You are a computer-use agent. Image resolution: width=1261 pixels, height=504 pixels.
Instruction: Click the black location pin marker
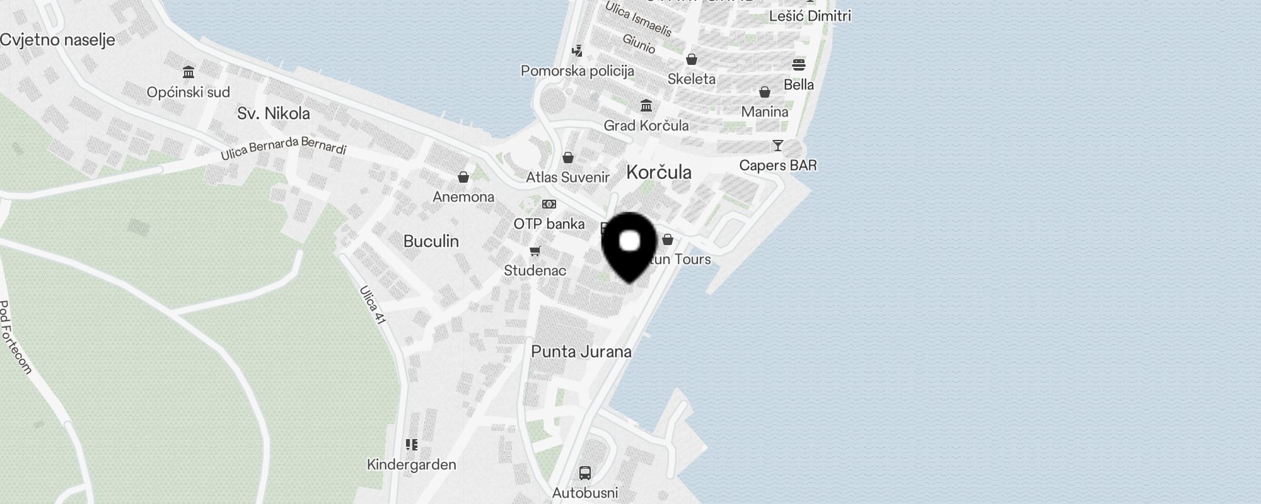(x=630, y=246)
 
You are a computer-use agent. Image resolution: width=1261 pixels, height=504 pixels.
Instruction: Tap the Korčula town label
(x=659, y=172)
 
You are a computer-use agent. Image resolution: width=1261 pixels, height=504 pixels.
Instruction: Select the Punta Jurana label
(x=581, y=352)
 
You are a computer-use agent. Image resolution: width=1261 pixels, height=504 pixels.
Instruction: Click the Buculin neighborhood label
(x=431, y=241)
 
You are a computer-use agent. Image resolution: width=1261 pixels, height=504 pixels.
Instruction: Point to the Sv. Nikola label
(x=274, y=113)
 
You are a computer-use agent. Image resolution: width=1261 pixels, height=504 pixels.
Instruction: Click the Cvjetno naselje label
(x=57, y=40)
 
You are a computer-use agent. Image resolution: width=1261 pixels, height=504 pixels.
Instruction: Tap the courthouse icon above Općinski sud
(x=188, y=71)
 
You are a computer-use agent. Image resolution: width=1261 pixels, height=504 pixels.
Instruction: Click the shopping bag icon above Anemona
(x=463, y=177)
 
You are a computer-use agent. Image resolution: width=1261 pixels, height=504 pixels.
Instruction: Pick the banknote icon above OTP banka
(x=549, y=204)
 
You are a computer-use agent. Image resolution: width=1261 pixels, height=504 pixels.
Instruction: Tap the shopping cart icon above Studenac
(x=535, y=251)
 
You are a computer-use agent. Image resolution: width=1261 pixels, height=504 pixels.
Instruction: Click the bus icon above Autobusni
(x=585, y=472)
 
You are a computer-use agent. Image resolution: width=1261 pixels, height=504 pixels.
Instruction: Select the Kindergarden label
(x=412, y=465)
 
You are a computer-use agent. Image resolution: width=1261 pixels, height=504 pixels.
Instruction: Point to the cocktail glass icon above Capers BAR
(x=778, y=146)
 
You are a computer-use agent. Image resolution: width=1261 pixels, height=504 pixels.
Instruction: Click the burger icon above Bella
(x=799, y=65)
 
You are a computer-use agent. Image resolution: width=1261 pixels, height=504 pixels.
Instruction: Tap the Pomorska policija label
(x=578, y=71)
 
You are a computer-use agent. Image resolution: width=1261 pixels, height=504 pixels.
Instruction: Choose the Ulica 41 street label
(x=373, y=306)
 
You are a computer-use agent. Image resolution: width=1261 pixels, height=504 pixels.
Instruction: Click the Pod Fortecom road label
(x=15, y=337)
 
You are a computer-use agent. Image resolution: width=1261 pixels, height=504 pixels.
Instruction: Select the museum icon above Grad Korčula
(x=646, y=106)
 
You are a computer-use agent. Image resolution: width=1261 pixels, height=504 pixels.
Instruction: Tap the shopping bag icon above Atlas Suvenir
(x=568, y=157)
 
